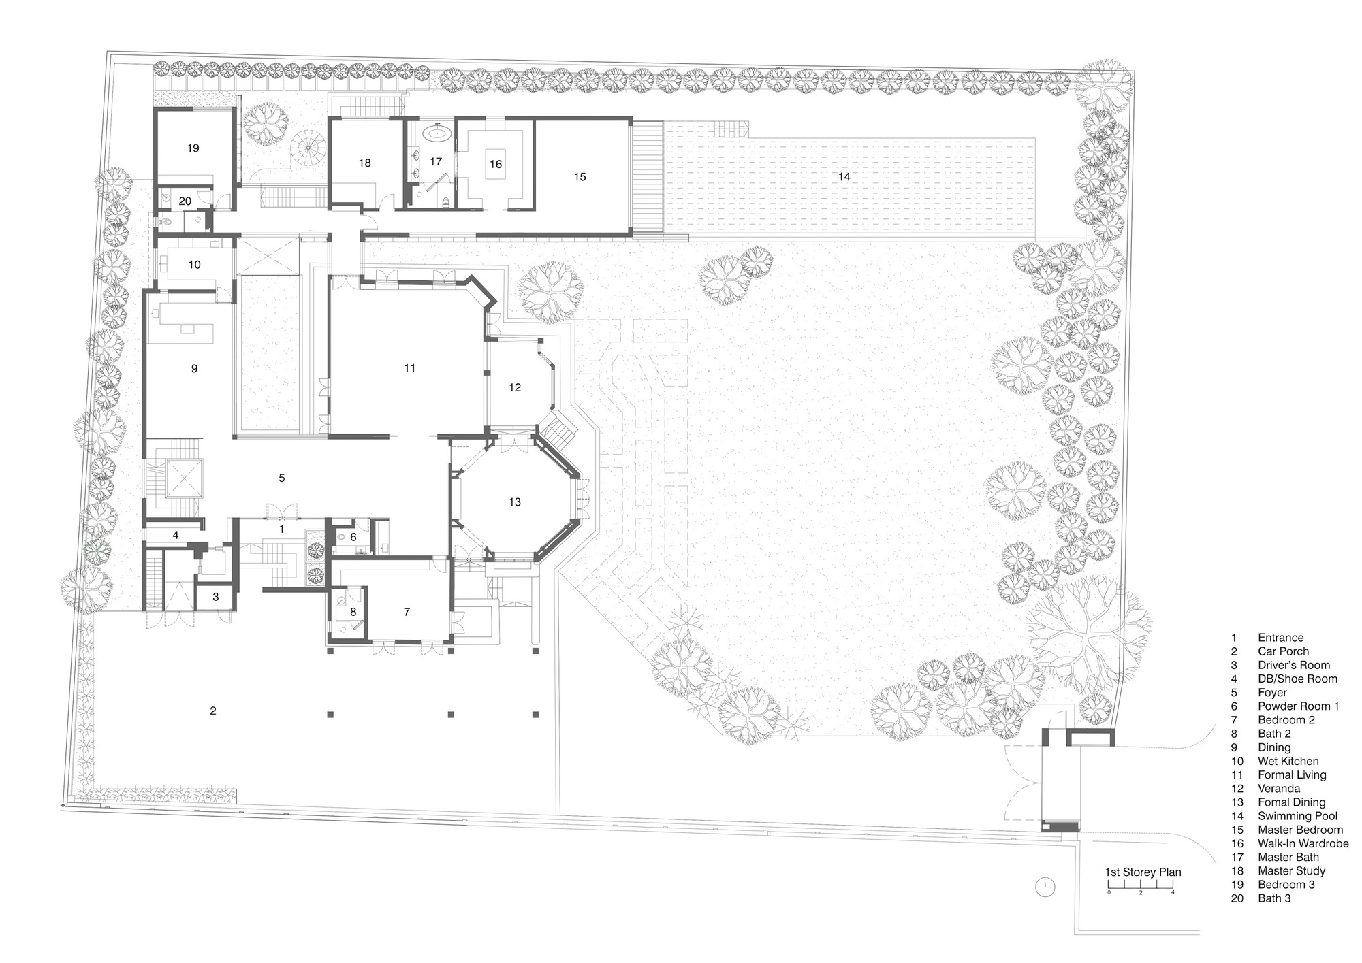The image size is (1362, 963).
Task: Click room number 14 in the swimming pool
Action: coord(844,177)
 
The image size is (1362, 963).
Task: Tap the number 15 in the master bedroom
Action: coord(580,177)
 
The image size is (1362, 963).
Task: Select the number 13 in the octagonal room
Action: coord(514,502)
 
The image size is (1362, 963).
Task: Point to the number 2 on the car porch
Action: coord(213,711)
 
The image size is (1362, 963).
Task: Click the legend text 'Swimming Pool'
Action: coord(1297,816)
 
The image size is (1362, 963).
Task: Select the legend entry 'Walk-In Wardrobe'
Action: coord(1303,843)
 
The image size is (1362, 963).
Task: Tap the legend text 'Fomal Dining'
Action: coord(1291,802)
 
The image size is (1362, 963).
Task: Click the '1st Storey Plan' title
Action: coord(1143,872)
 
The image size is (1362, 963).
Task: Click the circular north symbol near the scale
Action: coord(1045,887)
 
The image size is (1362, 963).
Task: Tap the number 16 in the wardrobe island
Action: coord(496,164)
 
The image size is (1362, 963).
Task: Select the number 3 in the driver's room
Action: coord(216,598)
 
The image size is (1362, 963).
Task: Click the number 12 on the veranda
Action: coord(514,387)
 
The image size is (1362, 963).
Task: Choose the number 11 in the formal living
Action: coord(409,368)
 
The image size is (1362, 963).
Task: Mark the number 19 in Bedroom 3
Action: coord(193,148)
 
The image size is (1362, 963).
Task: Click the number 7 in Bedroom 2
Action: coord(407,612)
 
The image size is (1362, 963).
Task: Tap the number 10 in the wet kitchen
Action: coord(195,265)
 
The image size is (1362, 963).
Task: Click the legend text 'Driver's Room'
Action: coord(1293,665)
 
